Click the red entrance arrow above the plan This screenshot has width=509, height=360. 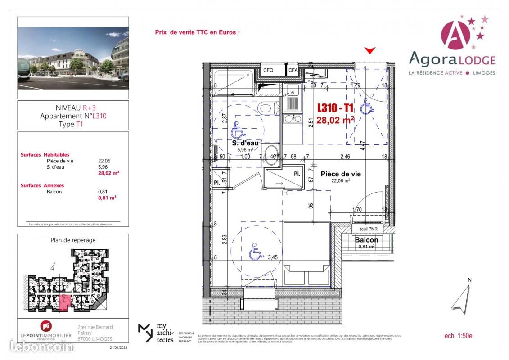pyautogui.click(x=370, y=50)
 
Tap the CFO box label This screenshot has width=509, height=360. pyautogui.click(x=268, y=70)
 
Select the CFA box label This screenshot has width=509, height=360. pyautogui.click(x=293, y=70)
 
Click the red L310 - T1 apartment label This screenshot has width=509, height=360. pyautogui.click(x=336, y=108)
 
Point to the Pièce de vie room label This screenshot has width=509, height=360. pyautogui.click(x=340, y=174)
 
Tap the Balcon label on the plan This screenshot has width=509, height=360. pyautogui.click(x=366, y=240)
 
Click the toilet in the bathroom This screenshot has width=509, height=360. pyautogui.click(x=266, y=108)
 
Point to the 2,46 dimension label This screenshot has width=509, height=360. pyautogui.click(x=345, y=157)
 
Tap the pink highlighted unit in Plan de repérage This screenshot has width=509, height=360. pyautogui.click(x=64, y=303)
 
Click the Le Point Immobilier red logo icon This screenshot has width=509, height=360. pyautogui.click(x=45, y=326)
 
